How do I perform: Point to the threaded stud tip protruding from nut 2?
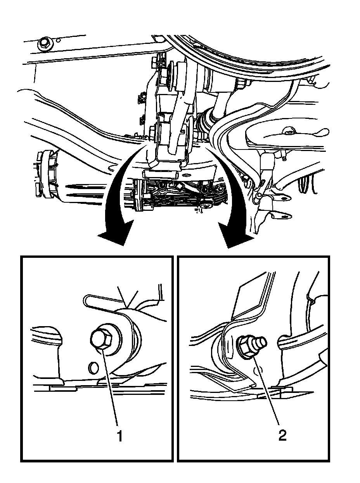[260, 342]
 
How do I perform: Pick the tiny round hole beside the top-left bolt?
[59, 40]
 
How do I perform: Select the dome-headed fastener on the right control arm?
[289, 131]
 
